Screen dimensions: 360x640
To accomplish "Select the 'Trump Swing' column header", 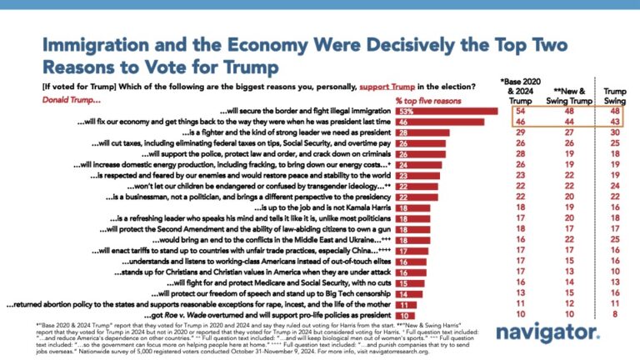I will click(615, 92).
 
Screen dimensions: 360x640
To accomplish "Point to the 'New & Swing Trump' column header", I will click(568, 92).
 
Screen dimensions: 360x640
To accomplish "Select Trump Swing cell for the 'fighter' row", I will click(615, 132).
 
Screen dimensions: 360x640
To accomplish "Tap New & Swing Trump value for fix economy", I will click(568, 122).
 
